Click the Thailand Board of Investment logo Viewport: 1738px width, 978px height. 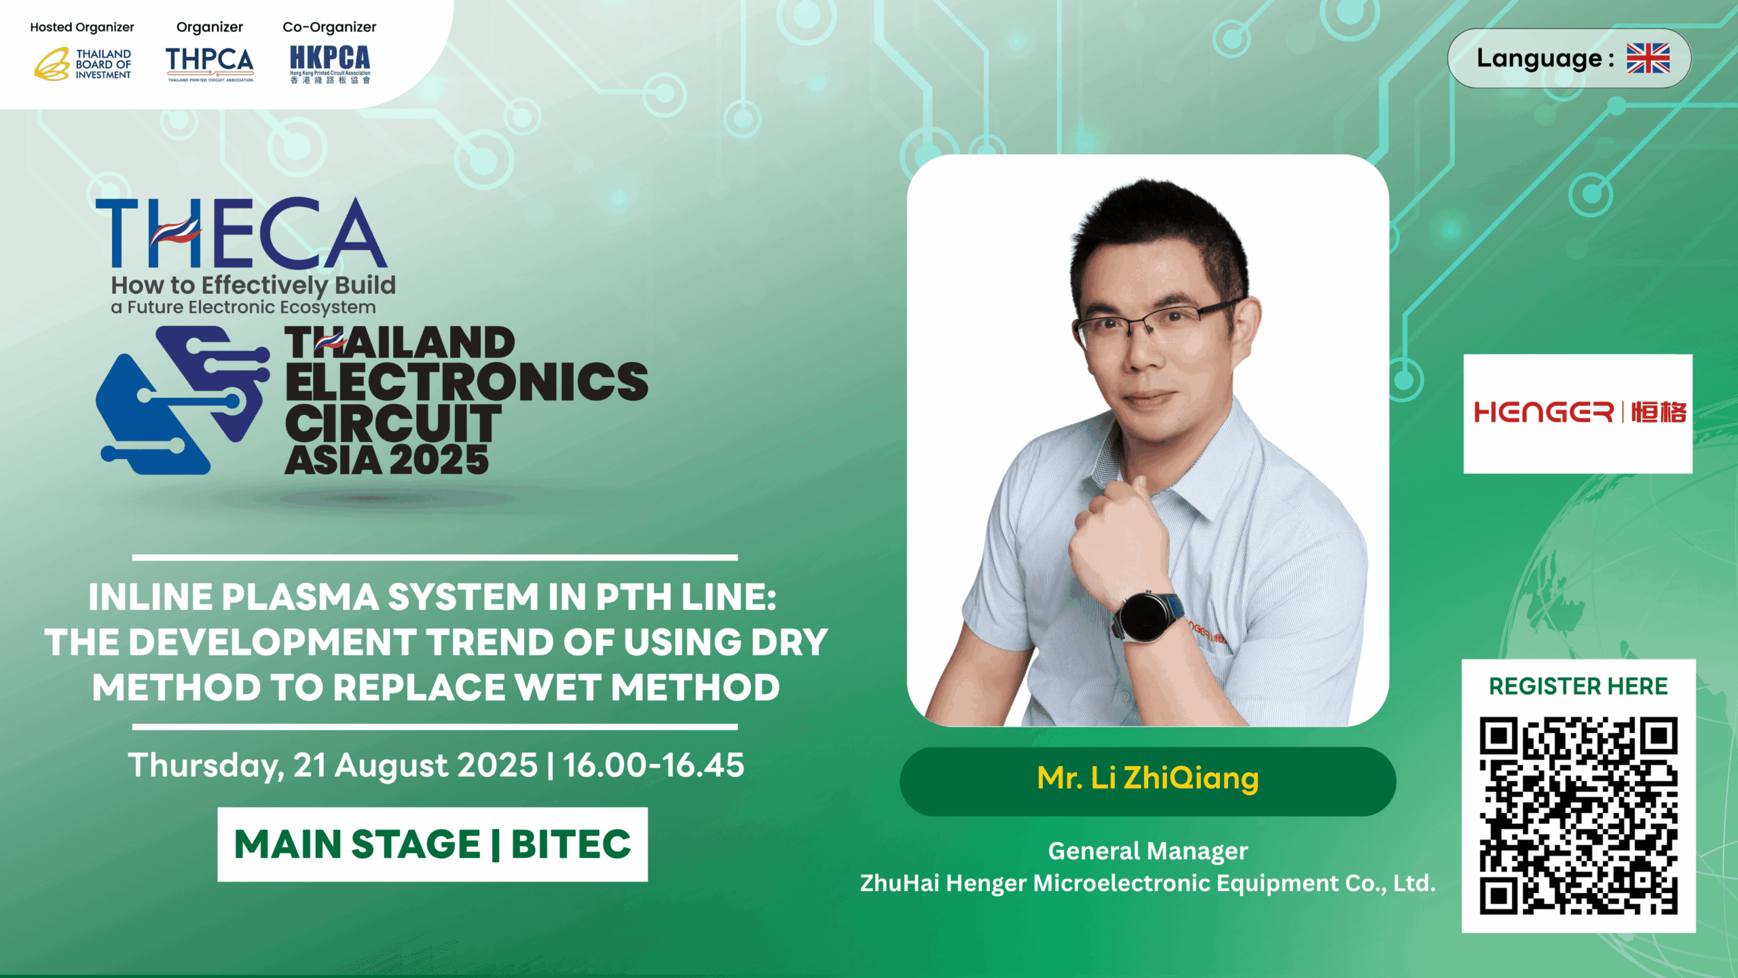coord(83,64)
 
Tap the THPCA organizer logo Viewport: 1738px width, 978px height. coord(210,64)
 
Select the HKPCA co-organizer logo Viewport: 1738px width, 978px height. coord(330,65)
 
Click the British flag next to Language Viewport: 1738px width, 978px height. coord(1648,58)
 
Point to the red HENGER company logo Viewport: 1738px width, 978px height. coord(1579,412)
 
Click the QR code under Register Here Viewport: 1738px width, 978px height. coord(1578,816)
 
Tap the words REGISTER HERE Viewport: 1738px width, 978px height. coord(1578,686)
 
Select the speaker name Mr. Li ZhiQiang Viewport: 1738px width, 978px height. coord(1148,778)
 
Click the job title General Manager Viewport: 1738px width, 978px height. coord(1148,851)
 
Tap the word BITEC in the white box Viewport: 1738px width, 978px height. coord(571,844)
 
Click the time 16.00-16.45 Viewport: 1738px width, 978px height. coord(653,765)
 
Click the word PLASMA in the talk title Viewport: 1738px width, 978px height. coord(299,598)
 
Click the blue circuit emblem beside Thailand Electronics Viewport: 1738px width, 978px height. coord(183,399)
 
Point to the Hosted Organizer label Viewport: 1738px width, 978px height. coord(82,27)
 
